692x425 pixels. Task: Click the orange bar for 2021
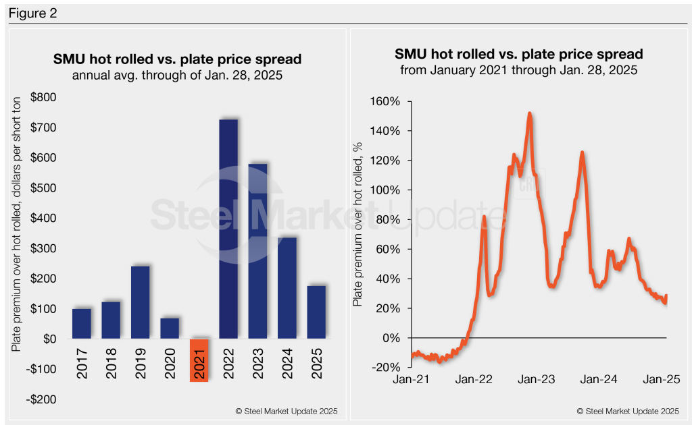pos(199,360)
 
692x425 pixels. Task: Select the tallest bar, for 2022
pos(228,229)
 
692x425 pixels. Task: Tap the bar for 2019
pos(141,302)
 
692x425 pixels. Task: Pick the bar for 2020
pos(170,328)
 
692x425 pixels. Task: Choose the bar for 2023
pos(257,251)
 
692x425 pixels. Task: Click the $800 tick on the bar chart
pos(43,97)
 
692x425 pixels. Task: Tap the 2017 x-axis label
pos(82,363)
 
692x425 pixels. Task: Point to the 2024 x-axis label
pos(287,363)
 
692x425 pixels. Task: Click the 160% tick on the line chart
pos(385,101)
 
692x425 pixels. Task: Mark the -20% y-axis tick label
pos(385,367)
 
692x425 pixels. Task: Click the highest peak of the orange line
pos(530,113)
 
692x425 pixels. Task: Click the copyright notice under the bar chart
pos(286,411)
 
